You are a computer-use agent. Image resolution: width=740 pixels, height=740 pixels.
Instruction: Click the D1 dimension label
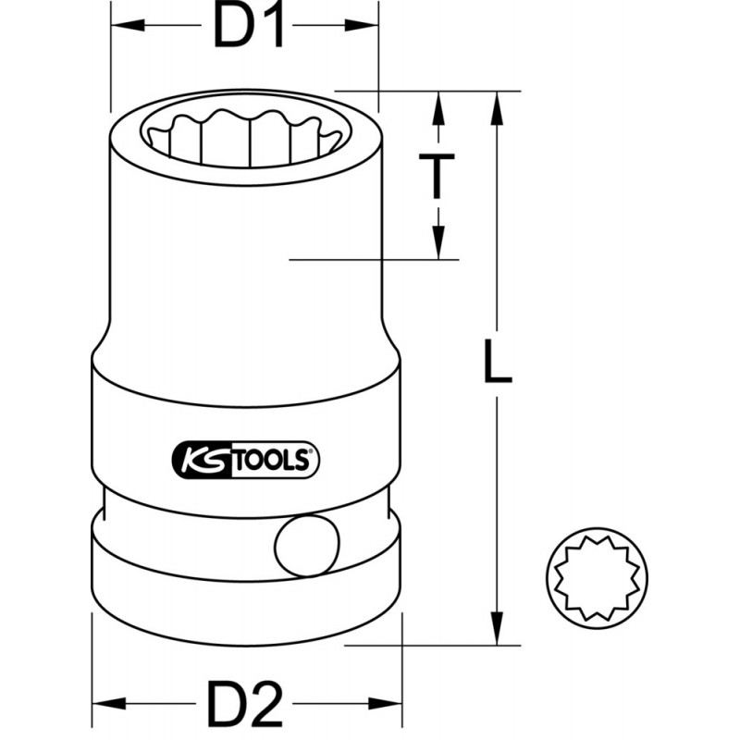click(245, 28)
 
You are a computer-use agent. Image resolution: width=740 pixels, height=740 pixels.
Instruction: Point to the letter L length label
click(497, 362)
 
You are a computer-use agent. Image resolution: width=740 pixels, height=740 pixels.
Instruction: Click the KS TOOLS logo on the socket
click(245, 458)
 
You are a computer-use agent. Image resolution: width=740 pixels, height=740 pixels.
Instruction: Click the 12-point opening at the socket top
click(245, 136)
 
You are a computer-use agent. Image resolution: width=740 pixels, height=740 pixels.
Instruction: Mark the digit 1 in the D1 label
click(268, 28)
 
